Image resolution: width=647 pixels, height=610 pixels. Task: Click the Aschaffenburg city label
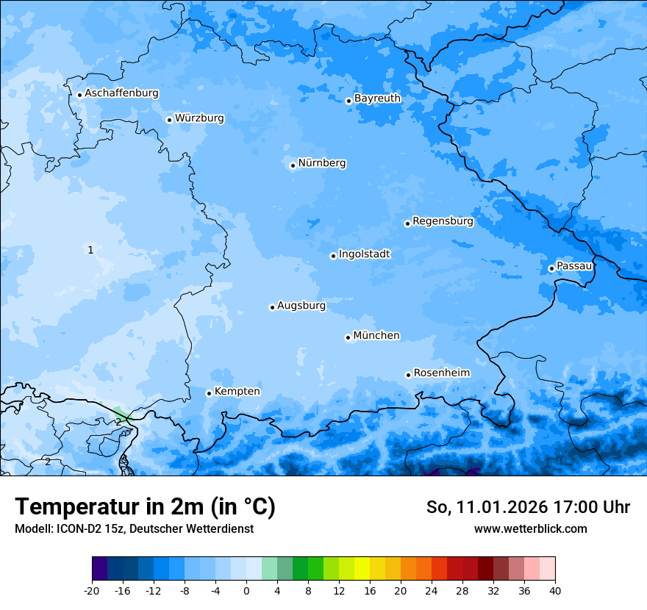121,93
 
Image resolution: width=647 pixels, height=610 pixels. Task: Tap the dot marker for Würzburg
169,120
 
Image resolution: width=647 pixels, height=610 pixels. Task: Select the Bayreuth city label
377,98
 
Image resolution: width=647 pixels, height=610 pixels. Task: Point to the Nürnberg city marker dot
293,165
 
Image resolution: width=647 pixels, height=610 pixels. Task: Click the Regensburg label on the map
443,220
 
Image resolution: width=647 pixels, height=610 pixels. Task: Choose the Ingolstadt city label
364,254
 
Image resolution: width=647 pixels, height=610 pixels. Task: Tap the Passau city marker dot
551,268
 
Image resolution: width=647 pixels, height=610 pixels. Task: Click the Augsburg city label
301,305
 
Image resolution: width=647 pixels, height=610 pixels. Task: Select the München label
376,335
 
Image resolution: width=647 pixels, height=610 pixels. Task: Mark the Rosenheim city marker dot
408,375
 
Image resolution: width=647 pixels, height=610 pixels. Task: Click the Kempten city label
237,391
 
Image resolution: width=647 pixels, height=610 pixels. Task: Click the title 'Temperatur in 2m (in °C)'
145,506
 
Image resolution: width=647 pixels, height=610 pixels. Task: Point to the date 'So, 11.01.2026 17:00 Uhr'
528,507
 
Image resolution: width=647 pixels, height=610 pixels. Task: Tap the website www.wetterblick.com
530,528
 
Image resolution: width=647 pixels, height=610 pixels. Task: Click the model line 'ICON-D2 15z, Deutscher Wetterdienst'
134,528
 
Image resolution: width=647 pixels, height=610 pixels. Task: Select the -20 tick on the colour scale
92,590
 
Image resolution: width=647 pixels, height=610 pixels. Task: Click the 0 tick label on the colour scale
246,590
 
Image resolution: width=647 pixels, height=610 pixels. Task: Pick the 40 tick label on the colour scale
554,590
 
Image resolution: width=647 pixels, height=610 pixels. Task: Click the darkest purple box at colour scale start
99,569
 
